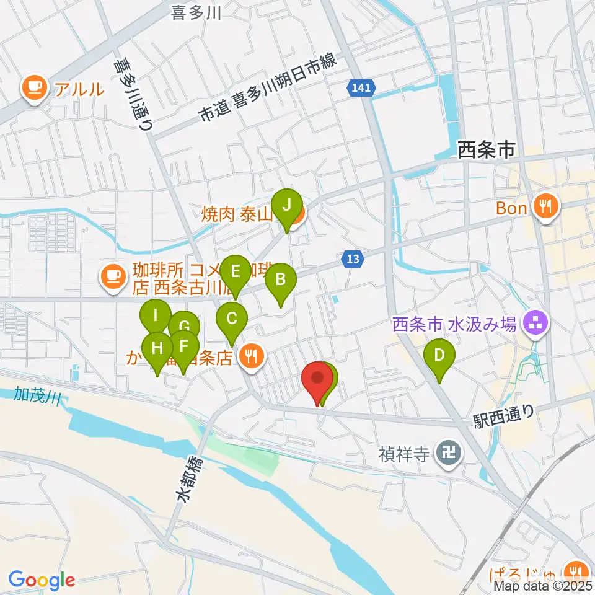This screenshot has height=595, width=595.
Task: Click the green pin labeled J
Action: point(286,205)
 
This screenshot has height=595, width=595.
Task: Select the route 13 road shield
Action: point(352,260)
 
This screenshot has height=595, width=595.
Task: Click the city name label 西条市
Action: point(486,149)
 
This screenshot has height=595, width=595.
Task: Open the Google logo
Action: point(42,580)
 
